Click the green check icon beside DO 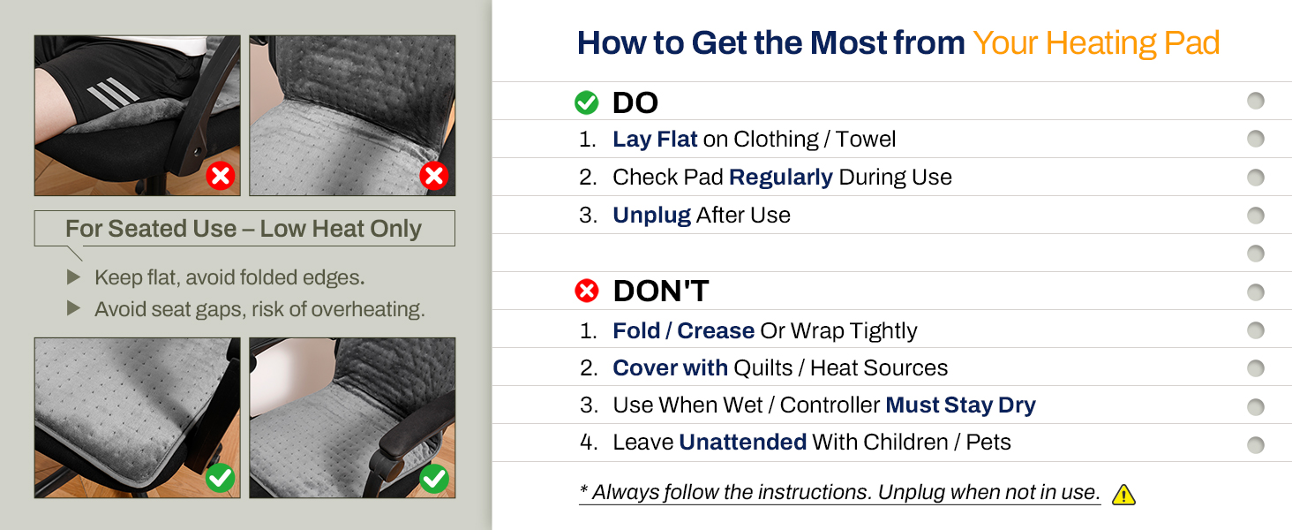(586, 103)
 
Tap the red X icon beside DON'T (586, 291)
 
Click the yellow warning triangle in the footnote (1123, 495)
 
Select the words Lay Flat (655, 140)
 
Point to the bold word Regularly (780, 178)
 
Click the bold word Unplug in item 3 (651, 216)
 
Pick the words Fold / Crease (683, 330)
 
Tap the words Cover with (670, 368)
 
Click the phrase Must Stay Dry (960, 405)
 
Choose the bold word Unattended (742, 443)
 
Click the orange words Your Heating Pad (1096, 43)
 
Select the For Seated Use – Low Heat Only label (244, 229)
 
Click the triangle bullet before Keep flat (73, 277)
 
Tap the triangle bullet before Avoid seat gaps (73, 309)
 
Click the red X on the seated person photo (220, 176)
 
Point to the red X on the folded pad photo (433, 176)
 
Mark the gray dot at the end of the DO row (1255, 101)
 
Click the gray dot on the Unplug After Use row (1255, 216)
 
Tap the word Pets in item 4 (988, 443)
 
